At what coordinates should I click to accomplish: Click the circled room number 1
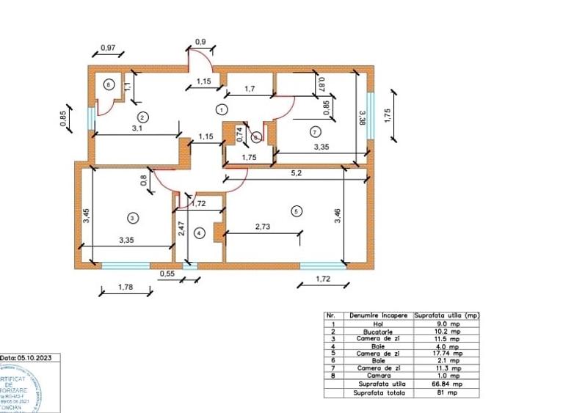coord(221,109)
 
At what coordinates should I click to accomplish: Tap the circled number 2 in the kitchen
coord(143,116)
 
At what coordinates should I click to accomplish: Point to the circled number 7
coord(316,132)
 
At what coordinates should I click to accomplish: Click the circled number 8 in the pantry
coord(109,84)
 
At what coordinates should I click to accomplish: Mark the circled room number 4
coord(198,233)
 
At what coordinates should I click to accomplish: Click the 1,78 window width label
coord(126,288)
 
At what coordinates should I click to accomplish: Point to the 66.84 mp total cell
coord(446,383)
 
